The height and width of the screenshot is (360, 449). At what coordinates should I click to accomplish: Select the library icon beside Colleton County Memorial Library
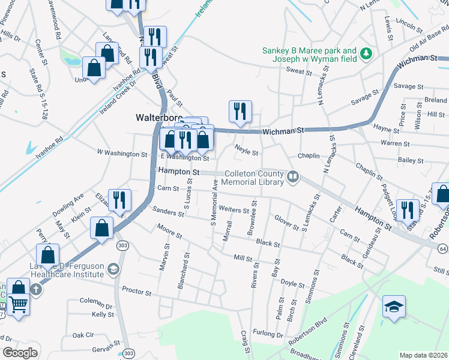tap(293, 176)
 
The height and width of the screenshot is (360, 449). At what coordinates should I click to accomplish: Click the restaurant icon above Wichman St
tap(240, 111)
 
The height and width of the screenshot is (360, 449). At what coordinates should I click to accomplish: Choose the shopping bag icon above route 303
tap(101, 228)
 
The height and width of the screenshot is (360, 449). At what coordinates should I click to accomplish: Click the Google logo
tap(20, 353)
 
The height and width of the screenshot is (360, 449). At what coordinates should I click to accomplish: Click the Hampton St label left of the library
tap(178, 171)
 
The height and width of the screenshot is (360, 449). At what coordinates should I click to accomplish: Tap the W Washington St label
tap(122, 154)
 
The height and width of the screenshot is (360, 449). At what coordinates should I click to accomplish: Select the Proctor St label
tap(136, 292)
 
